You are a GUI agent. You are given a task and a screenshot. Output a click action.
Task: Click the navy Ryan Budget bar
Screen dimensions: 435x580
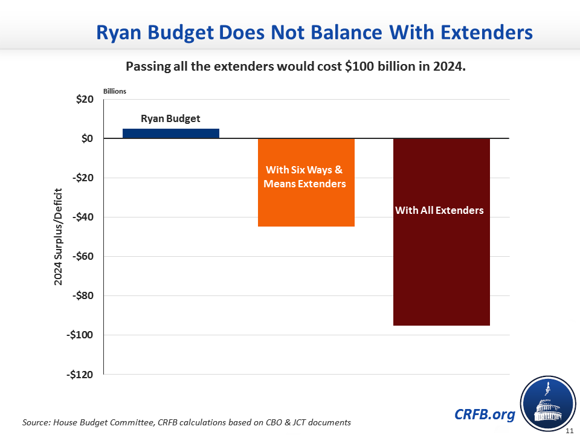(171, 134)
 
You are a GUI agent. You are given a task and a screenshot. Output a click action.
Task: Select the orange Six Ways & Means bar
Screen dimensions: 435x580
(306, 199)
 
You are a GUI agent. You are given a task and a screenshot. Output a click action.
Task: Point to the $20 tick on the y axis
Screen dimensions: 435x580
(84, 100)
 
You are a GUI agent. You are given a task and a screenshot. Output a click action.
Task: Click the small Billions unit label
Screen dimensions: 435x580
(114, 91)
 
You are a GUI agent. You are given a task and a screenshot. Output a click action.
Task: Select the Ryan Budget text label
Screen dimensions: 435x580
(170, 118)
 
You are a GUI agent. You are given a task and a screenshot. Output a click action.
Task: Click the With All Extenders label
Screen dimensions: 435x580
(439, 210)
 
